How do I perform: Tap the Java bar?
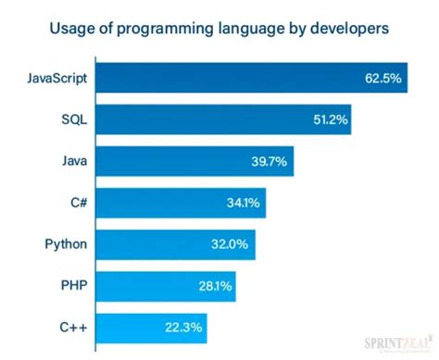(195, 161)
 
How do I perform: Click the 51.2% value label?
(331, 120)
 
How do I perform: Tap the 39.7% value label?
(270, 161)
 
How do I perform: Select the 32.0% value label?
(232, 244)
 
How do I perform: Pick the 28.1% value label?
(213, 286)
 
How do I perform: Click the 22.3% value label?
(184, 327)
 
